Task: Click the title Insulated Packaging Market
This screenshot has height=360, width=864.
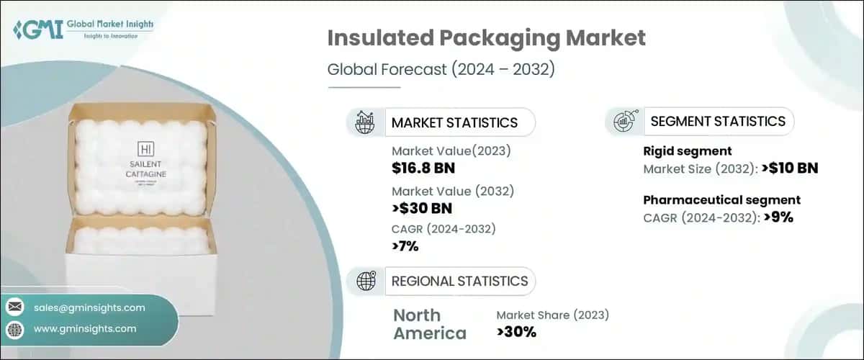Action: tap(486, 40)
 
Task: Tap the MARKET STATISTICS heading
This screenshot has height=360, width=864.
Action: tap(454, 122)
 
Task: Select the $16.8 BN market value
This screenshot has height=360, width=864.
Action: tap(423, 169)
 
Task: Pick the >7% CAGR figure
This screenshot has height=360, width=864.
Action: tap(405, 247)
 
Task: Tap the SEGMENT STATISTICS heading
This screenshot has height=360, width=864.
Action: tap(718, 122)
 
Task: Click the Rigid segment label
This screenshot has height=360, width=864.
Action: tap(687, 151)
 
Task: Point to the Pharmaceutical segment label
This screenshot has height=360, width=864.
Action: tap(721, 200)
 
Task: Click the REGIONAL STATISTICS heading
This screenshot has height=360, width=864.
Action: tap(459, 281)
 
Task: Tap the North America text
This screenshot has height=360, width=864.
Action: tap(430, 324)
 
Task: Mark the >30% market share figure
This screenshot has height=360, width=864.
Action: tap(516, 332)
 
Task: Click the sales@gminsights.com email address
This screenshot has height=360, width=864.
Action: tap(89, 307)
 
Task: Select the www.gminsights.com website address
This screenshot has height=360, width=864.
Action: tap(85, 329)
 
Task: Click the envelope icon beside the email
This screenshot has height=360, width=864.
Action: tap(14, 307)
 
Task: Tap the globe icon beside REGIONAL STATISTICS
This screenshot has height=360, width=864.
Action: tap(366, 281)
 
